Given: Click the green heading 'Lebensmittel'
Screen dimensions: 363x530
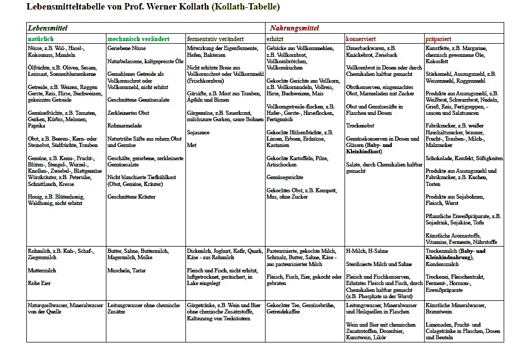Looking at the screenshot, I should coord(48,28).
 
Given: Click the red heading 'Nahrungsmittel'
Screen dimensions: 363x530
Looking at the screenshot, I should coord(295,28).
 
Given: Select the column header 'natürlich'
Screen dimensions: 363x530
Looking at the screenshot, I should coord(41,39).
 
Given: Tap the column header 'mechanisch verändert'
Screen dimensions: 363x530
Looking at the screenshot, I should coord(138,39).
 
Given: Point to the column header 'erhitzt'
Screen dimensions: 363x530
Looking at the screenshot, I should coord(276,39).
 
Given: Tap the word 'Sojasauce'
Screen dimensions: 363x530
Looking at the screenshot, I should coord(199,132).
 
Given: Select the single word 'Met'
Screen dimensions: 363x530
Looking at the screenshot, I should coord(191,145).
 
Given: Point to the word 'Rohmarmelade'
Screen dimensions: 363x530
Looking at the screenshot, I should coord(124,125).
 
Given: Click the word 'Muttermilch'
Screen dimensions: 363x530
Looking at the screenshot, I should coord(42,270).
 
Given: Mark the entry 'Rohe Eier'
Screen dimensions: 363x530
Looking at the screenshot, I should coord(40,283).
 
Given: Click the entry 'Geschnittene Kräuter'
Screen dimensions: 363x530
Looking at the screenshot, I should coord(132,197).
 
